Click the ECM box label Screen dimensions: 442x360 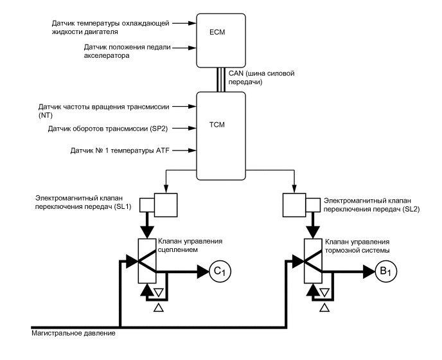click(217, 32)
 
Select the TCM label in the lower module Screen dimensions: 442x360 click(217, 125)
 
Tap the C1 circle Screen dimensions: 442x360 click(220, 272)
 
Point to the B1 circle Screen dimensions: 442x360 click(386, 271)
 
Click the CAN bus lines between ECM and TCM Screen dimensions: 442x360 click(221, 80)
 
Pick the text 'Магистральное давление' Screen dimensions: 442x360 click(73, 333)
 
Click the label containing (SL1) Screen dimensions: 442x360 click(83, 203)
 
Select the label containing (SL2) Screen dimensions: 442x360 click(371, 205)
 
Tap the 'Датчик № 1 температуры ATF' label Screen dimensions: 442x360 click(119, 150)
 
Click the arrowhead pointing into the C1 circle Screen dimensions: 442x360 click(202, 272)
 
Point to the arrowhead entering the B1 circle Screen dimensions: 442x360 click(369, 271)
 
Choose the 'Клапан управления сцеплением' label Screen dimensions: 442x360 click(190, 246)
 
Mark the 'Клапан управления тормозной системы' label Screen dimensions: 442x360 click(357, 246)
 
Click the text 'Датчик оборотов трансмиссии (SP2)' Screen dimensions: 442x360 click(108, 129)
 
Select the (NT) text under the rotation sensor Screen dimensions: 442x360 click(46, 115)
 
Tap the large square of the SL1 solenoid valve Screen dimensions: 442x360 click(166, 205)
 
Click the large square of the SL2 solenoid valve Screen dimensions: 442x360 click(294, 205)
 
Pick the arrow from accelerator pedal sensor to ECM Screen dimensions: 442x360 click(184, 48)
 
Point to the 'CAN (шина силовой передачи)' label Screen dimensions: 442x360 click(261, 78)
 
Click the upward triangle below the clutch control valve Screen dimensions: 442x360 click(159, 308)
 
